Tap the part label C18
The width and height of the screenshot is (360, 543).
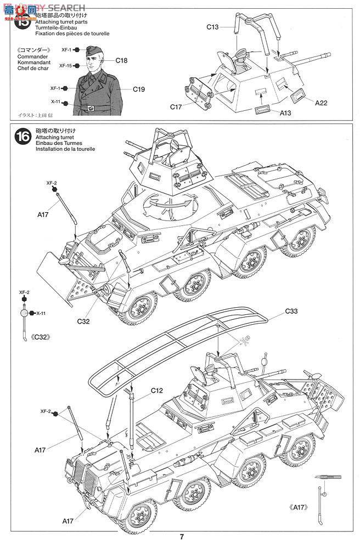121,60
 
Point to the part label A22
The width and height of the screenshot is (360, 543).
322,102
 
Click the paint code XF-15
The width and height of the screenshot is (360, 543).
66,65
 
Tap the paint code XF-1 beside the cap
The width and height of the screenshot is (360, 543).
67,49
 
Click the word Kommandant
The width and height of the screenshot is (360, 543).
36,62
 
